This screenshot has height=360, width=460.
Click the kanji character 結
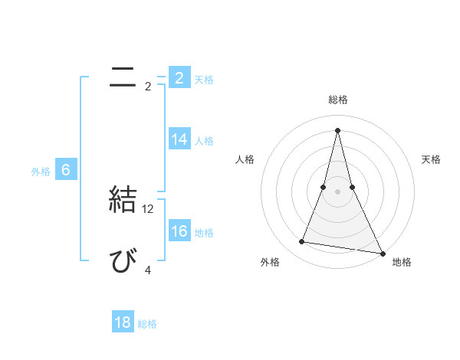click(123, 200)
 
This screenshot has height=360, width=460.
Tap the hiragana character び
click(123, 262)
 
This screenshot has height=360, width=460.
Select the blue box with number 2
click(179, 78)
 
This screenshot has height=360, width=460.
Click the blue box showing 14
click(179, 139)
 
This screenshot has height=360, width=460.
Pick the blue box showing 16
click(179, 231)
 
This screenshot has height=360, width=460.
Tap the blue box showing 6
click(66, 170)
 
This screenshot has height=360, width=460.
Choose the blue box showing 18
click(123, 322)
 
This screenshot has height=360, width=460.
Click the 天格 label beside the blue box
click(204, 79)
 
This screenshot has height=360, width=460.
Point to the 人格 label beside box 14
click(204, 140)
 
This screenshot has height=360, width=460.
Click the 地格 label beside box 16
click(204, 232)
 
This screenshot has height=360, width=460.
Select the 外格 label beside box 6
click(41, 172)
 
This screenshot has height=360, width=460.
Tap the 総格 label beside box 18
click(147, 324)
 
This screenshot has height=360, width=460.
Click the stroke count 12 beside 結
click(149, 208)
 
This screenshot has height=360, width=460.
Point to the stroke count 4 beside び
click(148, 270)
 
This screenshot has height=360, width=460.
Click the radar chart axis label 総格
click(337, 100)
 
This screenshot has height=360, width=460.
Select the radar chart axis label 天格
click(432, 159)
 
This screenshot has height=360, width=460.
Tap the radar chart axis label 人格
click(245, 159)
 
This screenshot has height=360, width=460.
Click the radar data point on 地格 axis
click(381, 254)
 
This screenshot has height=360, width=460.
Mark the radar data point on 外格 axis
click(302, 242)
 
